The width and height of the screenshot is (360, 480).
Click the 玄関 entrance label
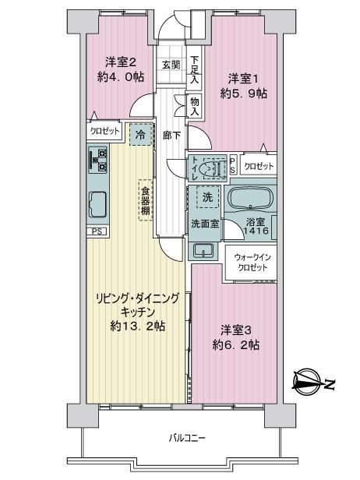(x=171, y=65)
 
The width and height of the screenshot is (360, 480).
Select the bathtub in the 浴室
(x=251, y=199)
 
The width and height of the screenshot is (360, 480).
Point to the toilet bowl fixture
(x=212, y=168)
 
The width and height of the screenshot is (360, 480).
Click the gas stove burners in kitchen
(x=98, y=160)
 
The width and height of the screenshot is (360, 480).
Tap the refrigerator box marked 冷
(x=140, y=135)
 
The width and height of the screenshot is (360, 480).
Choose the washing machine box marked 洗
(x=208, y=197)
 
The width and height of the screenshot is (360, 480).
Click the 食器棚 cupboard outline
(x=145, y=199)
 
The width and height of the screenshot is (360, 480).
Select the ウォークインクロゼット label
(x=252, y=263)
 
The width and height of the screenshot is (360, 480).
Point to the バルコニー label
(x=187, y=438)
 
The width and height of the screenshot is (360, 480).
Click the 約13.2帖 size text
(x=138, y=326)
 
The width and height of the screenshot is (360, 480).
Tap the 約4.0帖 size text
(x=120, y=77)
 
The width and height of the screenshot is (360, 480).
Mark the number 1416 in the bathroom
(x=256, y=231)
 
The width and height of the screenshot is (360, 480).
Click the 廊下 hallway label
(x=171, y=136)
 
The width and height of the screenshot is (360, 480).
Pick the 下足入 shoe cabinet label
(x=195, y=69)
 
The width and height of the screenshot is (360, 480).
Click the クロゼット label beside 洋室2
(x=104, y=132)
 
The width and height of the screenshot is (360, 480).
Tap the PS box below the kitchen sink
(x=97, y=231)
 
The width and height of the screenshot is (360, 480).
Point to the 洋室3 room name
(x=236, y=330)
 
